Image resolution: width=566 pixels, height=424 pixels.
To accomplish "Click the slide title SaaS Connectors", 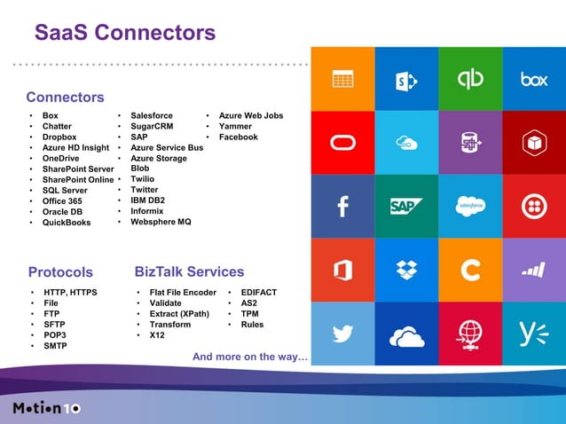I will [x=125, y=33].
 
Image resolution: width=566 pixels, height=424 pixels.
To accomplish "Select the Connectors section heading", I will [x=65, y=97].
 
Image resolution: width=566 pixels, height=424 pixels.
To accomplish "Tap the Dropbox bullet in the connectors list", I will [x=59, y=137].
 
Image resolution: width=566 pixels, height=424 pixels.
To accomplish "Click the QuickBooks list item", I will [x=67, y=223].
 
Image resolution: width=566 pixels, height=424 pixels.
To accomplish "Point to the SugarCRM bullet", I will [x=152, y=127].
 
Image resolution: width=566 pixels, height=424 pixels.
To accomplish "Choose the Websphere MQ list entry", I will [x=161, y=222].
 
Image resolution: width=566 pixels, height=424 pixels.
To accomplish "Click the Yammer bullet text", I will [x=235, y=127].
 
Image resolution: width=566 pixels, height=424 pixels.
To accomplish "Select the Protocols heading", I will [x=60, y=271].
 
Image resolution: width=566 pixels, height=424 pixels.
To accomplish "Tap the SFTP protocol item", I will [x=55, y=325].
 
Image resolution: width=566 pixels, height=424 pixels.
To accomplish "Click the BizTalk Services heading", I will [x=189, y=271].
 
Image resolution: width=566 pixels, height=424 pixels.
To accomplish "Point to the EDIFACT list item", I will [x=258, y=292].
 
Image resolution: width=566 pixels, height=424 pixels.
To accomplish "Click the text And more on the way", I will [x=250, y=357].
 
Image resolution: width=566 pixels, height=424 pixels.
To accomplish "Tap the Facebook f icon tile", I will [x=342, y=206].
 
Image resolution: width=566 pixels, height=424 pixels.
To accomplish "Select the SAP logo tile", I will [x=406, y=206].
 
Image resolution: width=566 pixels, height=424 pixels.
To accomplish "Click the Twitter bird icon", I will [x=342, y=334].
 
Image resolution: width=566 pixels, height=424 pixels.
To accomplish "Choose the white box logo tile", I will [x=533, y=79].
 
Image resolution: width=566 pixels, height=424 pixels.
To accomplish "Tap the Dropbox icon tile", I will [x=406, y=270].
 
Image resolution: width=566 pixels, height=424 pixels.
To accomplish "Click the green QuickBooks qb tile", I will [x=470, y=79].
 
